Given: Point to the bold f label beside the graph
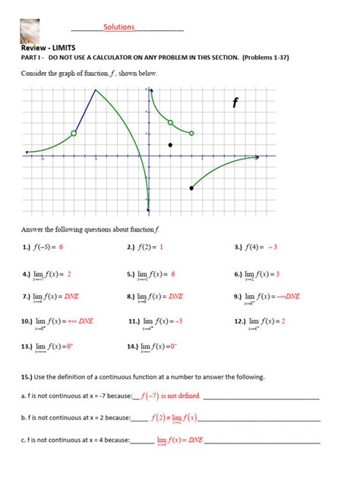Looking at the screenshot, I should pos(235,103).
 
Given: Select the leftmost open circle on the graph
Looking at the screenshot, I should pos(74,133).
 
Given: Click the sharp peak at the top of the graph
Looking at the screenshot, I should pos(95,90).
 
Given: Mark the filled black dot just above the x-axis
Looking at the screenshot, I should pos(170,144).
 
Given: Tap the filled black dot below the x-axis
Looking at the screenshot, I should pos(191,188).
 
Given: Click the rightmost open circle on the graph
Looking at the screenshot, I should pos(191,133).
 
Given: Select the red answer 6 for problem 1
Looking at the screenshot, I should pos(61,248).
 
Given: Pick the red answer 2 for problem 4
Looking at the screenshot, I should pos(68,273).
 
